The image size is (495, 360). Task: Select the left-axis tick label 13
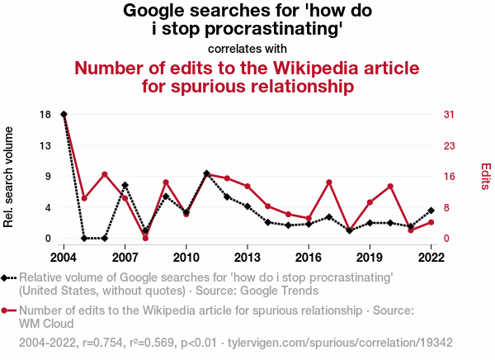(45, 145)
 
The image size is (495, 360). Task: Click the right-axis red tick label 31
(450, 114)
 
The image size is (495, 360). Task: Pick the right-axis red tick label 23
(450, 145)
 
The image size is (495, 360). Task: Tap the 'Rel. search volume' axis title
(10, 177)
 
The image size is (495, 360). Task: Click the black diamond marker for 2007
(125, 185)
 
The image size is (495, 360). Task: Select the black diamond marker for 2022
(431, 211)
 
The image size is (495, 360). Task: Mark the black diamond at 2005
(84, 239)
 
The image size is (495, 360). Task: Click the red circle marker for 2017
(329, 182)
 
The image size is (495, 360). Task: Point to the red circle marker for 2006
(105, 174)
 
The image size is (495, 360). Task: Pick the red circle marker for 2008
(145, 238)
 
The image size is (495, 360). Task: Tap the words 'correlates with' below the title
(247, 48)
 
